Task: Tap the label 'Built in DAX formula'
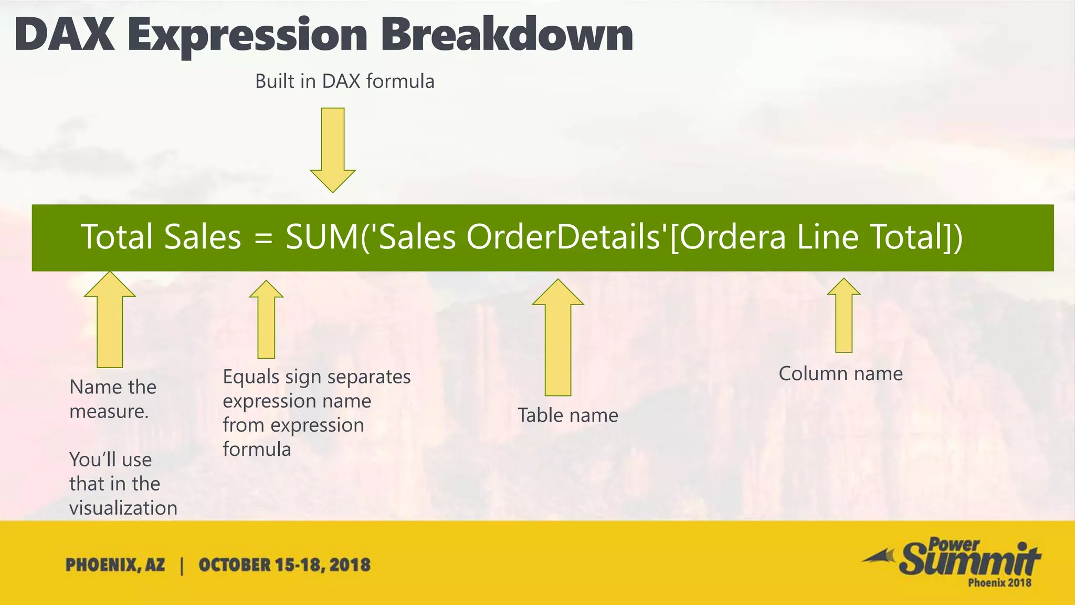pyautogui.click(x=344, y=81)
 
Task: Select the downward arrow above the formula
pyautogui.click(x=333, y=150)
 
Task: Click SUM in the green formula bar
pyautogui.click(x=322, y=237)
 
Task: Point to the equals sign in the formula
pyautogui.click(x=264, y=238)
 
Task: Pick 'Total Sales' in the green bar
pyautogui.click(x=161, y=237)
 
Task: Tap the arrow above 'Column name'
pyautogui.click(x=844, y=315)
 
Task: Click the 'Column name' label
pyautogui.click(x=840, y=373)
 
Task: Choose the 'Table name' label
pyautogui.click(x=568, y=415)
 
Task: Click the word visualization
pyautogui.click(x=123, y=508)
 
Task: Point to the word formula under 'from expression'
pyautogui.click(x=257, y=449)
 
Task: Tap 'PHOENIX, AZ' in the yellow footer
pyautogui.click(x=115, y=565)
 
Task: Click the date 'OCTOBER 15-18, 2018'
pyautogui.click(x=284, y=565)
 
